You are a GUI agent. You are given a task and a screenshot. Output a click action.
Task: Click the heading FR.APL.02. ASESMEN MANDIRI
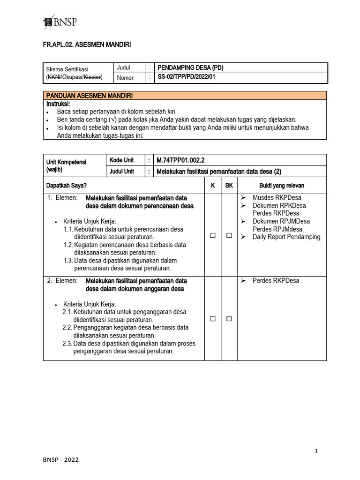click(x=87, y=45)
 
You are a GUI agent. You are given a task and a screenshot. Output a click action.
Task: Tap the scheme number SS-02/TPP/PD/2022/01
click(x=188, y=78)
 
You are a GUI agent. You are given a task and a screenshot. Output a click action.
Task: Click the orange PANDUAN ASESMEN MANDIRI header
click(x=89, y=96)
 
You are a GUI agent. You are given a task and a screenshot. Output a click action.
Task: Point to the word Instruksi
click(x=58, y=103)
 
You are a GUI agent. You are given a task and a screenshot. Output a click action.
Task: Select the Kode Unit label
click(x=121, y=160)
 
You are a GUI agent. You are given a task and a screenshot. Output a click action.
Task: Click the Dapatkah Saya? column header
click(x=66, y=186)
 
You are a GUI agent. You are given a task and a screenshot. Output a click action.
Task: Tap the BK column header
click(x=229, y=186)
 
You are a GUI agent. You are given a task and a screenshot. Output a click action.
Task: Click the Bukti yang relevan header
click(x=282, y=186)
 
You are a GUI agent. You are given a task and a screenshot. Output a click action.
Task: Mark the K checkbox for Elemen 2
click(x=213, y=319)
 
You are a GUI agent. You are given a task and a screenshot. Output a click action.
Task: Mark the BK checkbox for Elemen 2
click(x=229, y=319)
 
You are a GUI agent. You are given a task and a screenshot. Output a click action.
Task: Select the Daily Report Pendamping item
click(x=286, y=237)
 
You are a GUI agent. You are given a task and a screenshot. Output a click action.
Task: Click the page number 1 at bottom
click(x=317, y=451)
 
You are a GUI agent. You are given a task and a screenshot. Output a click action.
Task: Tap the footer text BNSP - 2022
click(x=61, y=460)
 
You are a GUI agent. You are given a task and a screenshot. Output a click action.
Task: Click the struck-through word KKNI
click(x=54, y=77)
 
